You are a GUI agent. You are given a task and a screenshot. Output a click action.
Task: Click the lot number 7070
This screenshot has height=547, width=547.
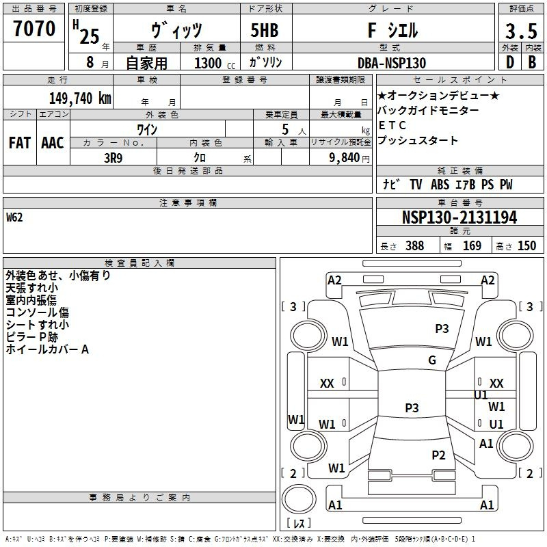click(34, 29)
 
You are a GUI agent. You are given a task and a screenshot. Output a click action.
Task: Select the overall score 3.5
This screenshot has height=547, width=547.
click(521, 31)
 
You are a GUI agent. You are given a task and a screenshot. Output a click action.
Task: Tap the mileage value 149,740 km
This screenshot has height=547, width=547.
click(80, 98)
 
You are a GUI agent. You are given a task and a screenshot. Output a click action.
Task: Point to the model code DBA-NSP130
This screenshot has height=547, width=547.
click(392, 63)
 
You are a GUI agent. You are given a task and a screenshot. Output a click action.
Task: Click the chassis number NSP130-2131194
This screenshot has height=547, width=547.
click(459, 217)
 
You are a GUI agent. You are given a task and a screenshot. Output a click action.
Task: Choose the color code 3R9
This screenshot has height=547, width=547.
click(113, 158)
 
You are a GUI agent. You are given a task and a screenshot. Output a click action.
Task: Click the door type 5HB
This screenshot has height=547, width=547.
click(265, 30)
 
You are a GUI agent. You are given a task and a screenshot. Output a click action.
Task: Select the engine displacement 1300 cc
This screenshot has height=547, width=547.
click(215, 63)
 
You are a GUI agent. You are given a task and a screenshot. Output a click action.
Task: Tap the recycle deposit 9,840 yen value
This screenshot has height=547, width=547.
click(349, 158)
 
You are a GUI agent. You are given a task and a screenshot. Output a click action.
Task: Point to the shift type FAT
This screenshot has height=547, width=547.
click(20, 143)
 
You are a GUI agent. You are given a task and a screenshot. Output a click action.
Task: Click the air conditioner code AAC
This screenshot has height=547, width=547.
click(53, 143)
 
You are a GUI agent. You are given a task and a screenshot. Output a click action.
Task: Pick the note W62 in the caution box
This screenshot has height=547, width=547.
click(14, 217)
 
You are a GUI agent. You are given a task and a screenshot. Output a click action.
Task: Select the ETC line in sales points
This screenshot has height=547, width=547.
click(392, 125)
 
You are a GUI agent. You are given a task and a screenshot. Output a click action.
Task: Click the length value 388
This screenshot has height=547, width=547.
click(415, 245)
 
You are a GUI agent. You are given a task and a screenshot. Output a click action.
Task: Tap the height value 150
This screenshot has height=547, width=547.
click(526, 245)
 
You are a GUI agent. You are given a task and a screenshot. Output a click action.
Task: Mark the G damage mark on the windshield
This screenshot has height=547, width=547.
click(432, 360)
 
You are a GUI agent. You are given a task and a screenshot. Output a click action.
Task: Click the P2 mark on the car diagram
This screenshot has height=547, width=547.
click(438, 455)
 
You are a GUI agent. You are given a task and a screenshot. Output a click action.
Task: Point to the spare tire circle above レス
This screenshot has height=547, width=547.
click(299, 499)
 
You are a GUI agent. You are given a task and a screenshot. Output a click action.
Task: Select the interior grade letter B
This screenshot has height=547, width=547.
click(532, 62)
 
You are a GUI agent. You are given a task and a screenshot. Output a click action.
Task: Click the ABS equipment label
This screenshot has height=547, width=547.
click(440, 185)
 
